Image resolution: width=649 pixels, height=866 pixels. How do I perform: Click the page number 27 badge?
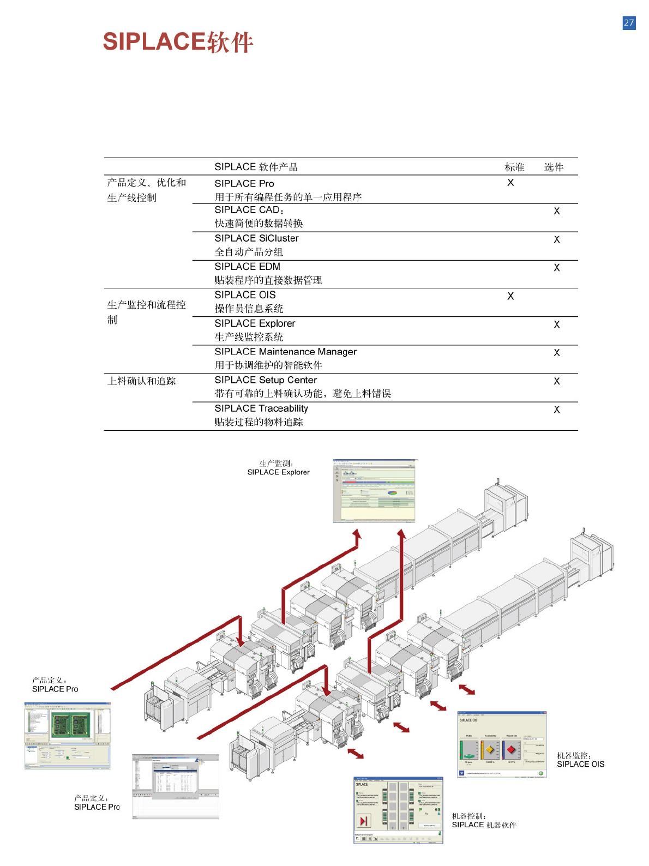point(629,23)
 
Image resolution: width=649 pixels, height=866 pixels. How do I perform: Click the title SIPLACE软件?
point(178,42)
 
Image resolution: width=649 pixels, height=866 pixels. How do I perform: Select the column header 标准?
point(514,167)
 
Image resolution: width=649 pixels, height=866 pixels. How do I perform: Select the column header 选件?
point(554,167)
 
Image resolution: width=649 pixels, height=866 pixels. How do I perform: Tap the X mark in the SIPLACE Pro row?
point(510,183)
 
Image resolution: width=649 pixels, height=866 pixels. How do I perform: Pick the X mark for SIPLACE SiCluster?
point(556,239)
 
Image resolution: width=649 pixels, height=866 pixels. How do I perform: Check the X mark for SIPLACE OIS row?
point(510,296)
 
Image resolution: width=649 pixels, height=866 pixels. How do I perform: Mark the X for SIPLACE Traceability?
point(556,410)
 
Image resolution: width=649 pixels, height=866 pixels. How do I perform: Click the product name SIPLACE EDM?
point(247,266)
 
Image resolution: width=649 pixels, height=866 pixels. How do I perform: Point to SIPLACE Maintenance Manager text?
point(285,352)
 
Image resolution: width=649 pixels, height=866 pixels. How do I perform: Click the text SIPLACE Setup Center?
point(266,380)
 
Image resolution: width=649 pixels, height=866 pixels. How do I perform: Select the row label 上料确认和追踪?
point(141,381)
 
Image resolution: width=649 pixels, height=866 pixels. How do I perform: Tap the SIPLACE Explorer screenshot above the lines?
point(374,491)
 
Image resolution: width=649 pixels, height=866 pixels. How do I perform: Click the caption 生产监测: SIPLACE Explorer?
point(278,468)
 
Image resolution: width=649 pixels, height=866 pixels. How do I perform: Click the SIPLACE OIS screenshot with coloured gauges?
point(501,744)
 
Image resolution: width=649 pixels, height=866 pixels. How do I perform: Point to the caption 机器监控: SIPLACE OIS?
point(580,760)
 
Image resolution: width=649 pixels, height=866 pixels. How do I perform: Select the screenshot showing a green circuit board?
point(68,735)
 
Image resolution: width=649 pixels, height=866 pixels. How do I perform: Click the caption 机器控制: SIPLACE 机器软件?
point(484,820)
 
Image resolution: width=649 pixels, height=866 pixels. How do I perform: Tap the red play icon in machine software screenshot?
point(363,820)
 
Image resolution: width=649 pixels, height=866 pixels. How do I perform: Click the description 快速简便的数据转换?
point(259,223)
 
